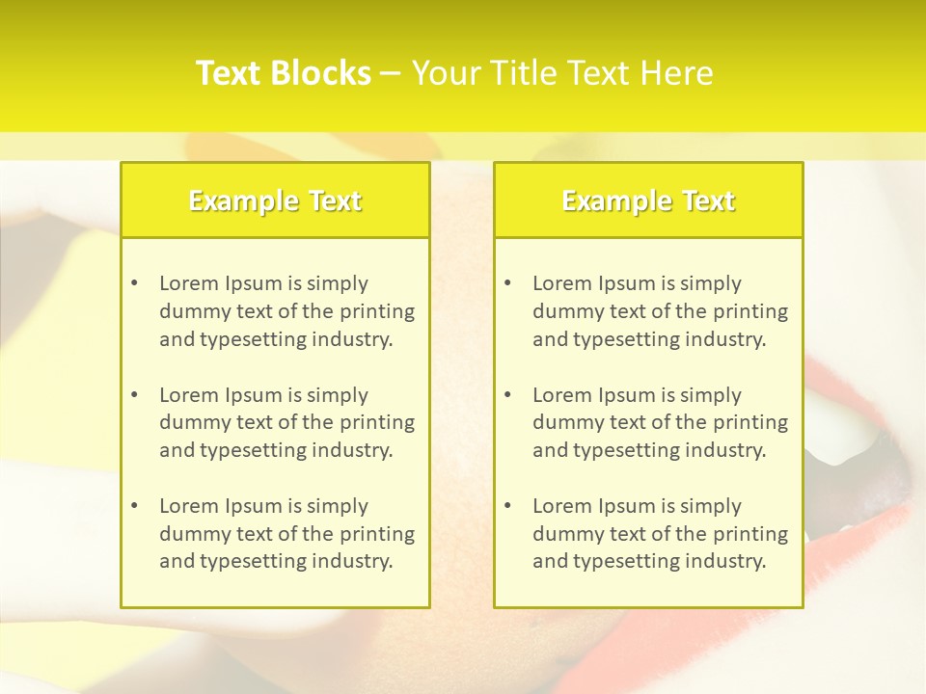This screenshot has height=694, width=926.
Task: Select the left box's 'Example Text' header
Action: click(275, 200)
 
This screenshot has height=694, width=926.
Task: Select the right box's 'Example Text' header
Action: click(648, 200)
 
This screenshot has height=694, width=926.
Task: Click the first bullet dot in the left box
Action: click(134, 283)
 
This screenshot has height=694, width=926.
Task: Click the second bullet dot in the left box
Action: click(134, 395)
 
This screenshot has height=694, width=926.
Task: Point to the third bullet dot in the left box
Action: click(134, 506)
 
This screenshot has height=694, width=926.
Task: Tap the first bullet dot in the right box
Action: click(507, 283)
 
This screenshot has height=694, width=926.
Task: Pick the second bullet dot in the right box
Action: click(507, 395)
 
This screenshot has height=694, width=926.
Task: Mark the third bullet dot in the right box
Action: click(507, 506)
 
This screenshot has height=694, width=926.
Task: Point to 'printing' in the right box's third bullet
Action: click(751, 534)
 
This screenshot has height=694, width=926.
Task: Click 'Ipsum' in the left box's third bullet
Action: click(253, 506)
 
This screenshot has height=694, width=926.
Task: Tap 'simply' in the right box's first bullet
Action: click(710, 283)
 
